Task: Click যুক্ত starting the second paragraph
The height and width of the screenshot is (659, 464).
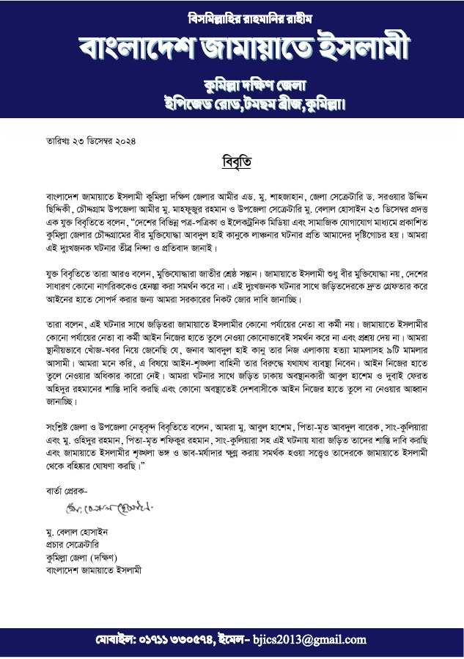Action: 53,272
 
